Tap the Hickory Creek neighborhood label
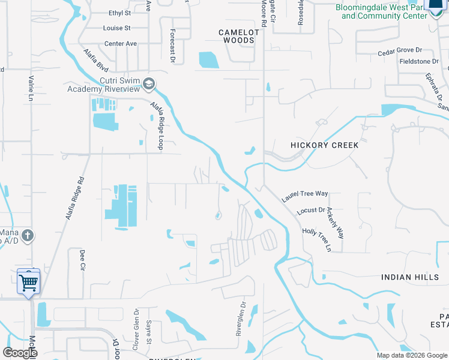pos(324,145)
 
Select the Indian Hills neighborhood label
pos(406,277)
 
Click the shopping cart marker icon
pos(29,281)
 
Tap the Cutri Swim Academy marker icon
pos(149,85)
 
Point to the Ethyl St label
pos(119,13)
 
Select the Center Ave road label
pos(121,44)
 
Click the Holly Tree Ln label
pos(316,239)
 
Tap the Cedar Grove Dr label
pos(400,53)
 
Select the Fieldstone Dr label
pos(418,61)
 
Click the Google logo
pos(19,353)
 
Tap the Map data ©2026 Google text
pos(411,355)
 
